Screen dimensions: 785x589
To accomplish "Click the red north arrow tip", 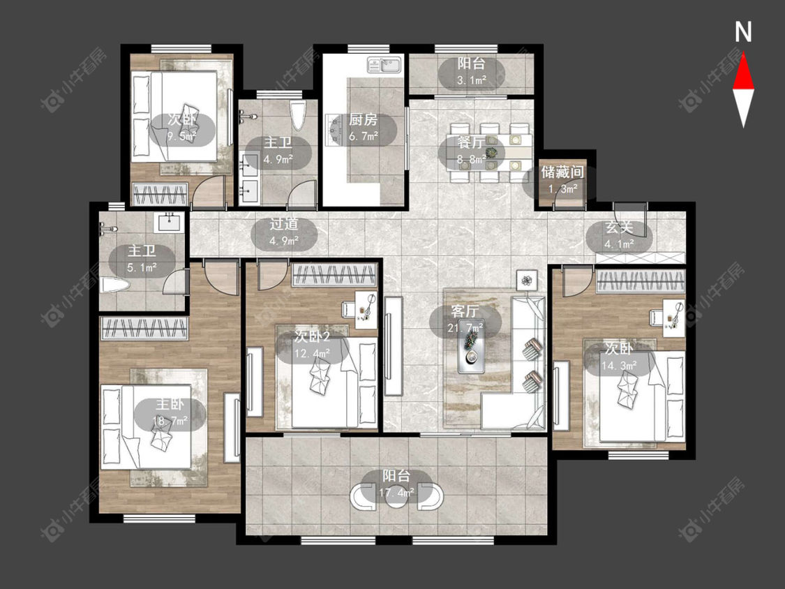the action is click(743, 54).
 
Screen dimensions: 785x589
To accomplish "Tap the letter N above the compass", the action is click(743, 31).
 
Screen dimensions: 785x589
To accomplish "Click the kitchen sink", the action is click(384, 65).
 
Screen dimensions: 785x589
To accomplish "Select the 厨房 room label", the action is click(363, 120).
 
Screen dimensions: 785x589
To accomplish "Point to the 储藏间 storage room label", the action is click(562, 172).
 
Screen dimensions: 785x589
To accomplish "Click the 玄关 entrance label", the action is click(620, 227).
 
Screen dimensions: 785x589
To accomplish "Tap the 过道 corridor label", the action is click(284, 224).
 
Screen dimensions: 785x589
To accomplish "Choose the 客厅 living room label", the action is click(465, 311).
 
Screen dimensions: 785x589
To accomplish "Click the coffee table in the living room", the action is click(472, 352).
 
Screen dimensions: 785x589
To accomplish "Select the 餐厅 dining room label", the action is click(471, 143).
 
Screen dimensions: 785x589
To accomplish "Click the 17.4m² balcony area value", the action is click(396, 493).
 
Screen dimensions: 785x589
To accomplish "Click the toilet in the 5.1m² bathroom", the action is click(116, 286).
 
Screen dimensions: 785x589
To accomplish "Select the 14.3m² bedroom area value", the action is click(620, 366).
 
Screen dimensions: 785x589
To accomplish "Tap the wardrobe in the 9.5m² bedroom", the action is click(160, 194).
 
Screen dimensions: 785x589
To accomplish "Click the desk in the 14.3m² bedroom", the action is click(674, 318).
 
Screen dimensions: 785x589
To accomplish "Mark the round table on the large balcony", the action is click(396, 496).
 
